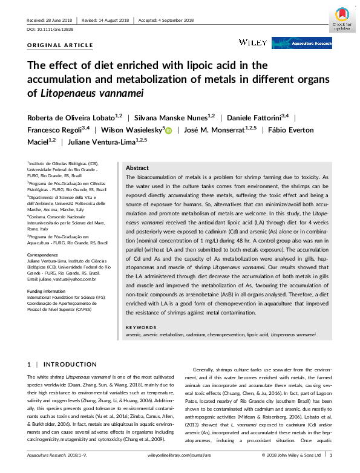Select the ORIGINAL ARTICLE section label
pyautogui.click(x=61, y=45)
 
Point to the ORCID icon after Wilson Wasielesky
pyautogui.click(x=168, y=130)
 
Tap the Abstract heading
pyautogui.click(x=137, y=168)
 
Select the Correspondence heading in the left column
pyautogui.click(x=44, y=255)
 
